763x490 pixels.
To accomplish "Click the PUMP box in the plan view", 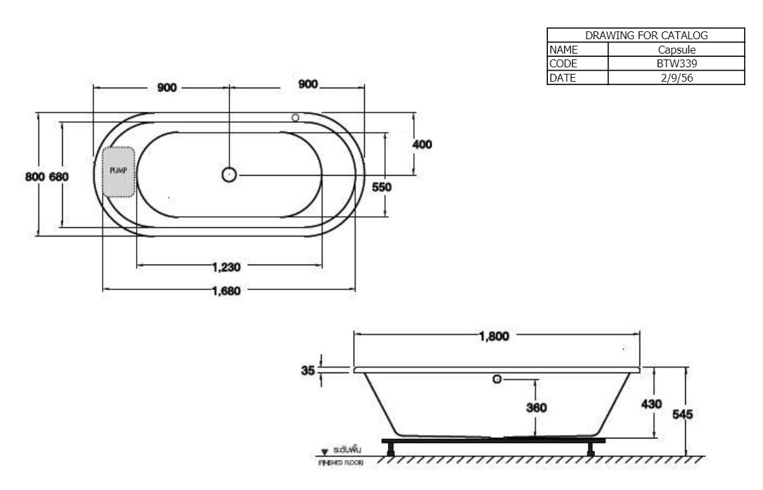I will point(118,171).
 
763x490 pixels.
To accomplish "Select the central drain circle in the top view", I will point(229,174).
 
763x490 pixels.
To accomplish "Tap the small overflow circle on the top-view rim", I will point(295,118).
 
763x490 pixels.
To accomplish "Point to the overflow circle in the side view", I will point(497,379).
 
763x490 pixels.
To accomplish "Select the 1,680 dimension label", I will point(226,291).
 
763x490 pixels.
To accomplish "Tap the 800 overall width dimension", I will point(35,176).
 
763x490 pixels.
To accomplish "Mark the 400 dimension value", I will point(422,144).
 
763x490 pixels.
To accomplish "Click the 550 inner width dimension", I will point(381,187).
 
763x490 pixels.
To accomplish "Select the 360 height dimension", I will point(536,408).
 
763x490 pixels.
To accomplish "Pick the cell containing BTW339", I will point(676,64).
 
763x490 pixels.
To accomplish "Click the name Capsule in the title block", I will point(676,50).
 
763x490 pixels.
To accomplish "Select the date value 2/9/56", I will point(676,78).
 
